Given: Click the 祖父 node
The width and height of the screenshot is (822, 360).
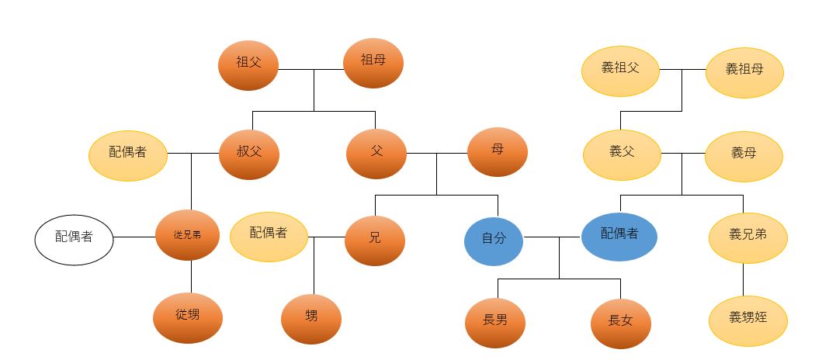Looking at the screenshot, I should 248,65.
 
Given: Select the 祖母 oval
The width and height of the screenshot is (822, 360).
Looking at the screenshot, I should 373,61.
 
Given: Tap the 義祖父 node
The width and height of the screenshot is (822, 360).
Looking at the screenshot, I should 620,68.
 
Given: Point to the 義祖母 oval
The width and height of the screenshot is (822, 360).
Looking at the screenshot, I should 744,70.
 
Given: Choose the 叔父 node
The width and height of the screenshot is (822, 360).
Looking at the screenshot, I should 249,152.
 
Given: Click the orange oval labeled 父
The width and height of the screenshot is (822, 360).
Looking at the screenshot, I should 376,151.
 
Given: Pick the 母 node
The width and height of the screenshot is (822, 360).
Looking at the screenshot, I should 498,151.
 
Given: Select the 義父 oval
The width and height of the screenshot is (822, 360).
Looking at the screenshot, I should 622,153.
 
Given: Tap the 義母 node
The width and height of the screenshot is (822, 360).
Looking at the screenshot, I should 744,154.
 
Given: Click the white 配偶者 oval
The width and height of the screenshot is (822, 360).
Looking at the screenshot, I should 75,238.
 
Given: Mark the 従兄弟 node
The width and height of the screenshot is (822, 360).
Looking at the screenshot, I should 187,235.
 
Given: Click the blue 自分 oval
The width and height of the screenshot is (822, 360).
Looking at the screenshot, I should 494,239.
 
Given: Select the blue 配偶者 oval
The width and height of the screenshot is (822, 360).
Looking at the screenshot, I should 619,234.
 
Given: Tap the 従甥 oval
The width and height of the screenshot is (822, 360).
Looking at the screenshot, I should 187,317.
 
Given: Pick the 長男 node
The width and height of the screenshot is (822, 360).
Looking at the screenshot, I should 495,320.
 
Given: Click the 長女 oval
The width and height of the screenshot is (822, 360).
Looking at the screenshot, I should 620,321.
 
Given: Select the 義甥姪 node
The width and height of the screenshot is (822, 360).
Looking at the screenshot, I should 747,319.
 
